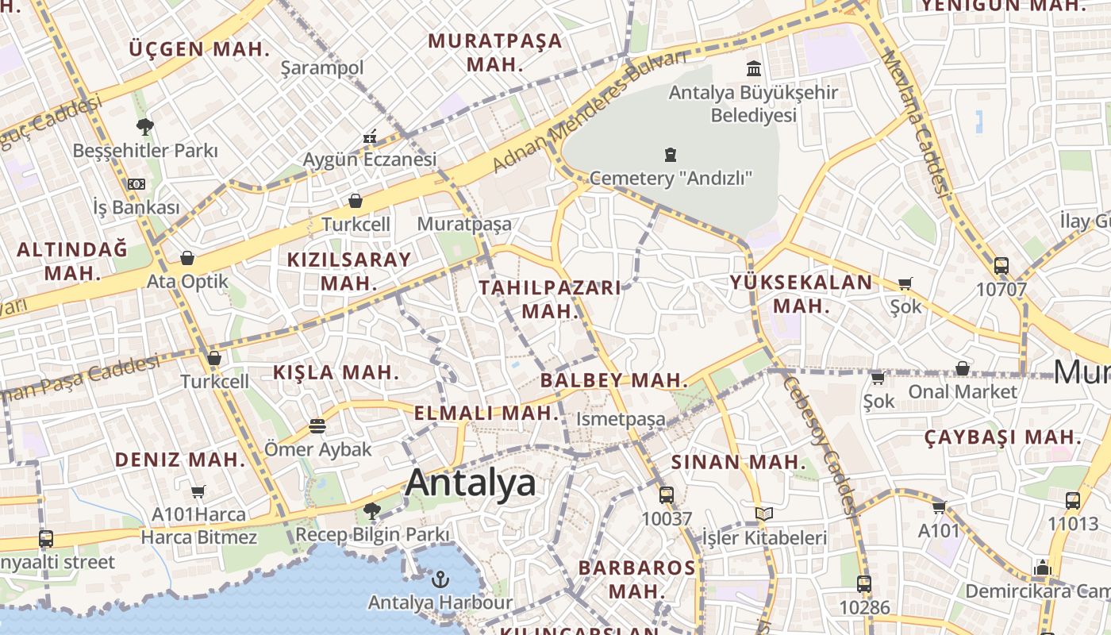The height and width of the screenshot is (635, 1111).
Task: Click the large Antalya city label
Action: click(x=471, y=483)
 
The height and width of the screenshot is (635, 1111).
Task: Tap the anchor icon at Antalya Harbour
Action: click(x=440, y=579)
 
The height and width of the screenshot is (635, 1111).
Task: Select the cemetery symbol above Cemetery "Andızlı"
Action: click(x=671, y=154)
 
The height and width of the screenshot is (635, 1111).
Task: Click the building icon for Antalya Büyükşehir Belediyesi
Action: click(x=753, y=69)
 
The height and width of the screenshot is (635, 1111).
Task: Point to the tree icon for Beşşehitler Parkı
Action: click(x=144, y=126)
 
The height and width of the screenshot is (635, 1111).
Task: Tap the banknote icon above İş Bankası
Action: click(x=136, y=184)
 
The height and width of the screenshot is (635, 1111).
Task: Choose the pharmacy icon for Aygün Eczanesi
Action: click(x=369, y=137)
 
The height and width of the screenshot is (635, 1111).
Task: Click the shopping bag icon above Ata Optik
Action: click(x=187, y=258)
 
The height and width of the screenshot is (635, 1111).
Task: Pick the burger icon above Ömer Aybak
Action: click(x=317, y=426)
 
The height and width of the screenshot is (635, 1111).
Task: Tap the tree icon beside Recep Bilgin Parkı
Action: click(x=371, y=510)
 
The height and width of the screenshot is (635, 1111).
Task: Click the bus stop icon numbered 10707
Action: click(x=1001, y=266)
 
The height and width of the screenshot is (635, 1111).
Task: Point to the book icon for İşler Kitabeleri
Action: click(x=763, y=514)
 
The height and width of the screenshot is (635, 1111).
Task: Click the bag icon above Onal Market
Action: click(x=962, y=368)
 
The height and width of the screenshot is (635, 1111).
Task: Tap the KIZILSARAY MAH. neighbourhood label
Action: click(x=349, y=271)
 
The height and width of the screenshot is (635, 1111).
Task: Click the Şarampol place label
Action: click(x=322, y=68)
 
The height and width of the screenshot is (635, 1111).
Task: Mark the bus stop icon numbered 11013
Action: click(x=1073, y=501)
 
